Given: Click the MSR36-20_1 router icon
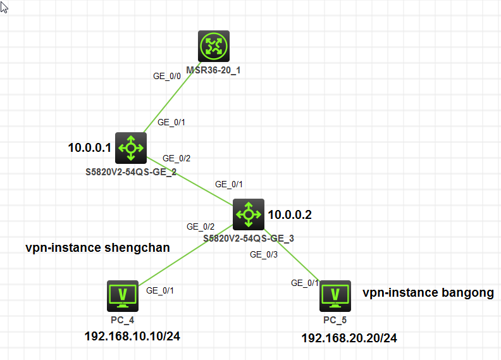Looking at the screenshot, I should [x=213, y=46].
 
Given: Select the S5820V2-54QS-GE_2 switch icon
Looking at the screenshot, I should [x=131, y=148].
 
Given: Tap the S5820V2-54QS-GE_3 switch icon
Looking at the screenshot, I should [x=248, y=214].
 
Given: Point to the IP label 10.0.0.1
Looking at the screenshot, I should [x=89, y=148].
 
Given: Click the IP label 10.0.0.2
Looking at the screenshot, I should [x=290, y=214].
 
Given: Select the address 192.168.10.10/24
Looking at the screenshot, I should [x=132, y=336].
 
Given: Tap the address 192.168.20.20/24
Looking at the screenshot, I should [x=349, y=338].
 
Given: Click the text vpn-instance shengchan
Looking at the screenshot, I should [x=97, y=247].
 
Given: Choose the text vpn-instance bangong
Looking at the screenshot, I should [x=428, y=292].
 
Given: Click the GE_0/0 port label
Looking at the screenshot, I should [x=167, y=75].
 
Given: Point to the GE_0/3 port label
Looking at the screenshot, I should [x=264, y=254].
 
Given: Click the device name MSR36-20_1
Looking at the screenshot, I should [x=213, y=70].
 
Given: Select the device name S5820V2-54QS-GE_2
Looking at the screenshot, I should [x=132, y=171].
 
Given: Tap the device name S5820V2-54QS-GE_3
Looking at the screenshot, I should [x=249, y=239].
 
